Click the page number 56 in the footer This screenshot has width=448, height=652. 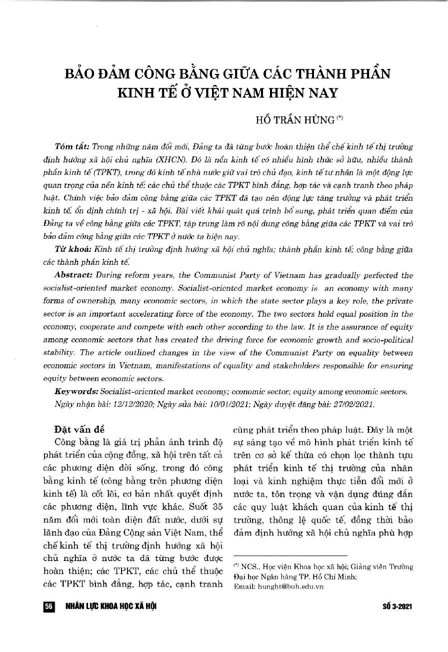pos(48,606)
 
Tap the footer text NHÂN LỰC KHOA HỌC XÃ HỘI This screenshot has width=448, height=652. pos(111,606)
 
